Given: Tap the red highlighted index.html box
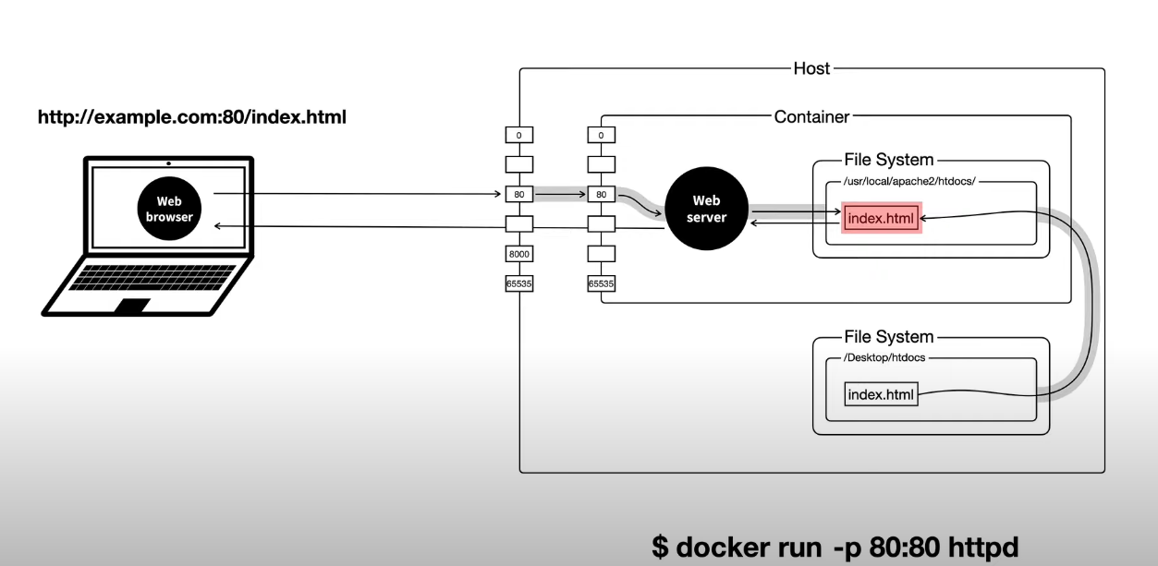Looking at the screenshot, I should [x=882, y=219].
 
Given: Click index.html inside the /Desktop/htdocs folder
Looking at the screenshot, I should [x=881, y=395].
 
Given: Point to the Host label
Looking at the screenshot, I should [x=811, y=68].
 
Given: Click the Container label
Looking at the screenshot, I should [x=811, y=116].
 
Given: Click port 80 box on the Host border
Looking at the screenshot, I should [x=518, y=194].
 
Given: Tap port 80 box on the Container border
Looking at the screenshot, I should [x=602, y=194].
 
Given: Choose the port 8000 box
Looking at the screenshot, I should [x=518, y=254].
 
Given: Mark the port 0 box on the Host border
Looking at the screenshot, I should [x=518, y=135].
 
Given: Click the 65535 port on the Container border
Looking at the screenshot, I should [x=602, y=283].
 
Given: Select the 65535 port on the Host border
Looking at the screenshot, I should [x=518, y=283].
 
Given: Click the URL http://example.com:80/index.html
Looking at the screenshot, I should [x=191, y=118].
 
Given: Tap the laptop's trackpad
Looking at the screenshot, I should [x=131, y=306].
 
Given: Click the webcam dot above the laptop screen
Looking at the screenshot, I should [x=168, y=163].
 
